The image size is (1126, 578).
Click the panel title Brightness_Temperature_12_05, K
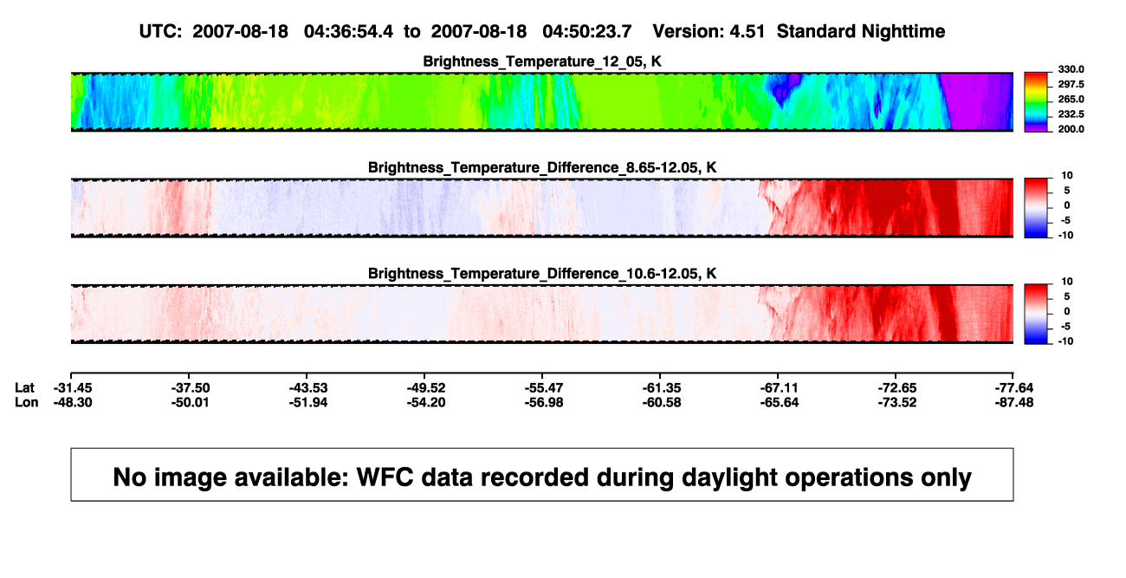pos(542,62)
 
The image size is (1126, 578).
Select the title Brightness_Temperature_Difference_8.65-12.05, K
pos(542,167)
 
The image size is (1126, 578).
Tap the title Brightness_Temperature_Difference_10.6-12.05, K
pos(542,274)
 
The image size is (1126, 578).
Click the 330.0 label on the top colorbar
pos(1071,69)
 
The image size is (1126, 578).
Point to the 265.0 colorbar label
pos(1071,99)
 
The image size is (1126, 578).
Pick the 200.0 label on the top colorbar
pos(1071,129)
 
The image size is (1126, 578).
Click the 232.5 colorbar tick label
pos(1071,114)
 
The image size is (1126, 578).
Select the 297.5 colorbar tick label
pos(1071,84)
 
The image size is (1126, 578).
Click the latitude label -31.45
pos(73,388)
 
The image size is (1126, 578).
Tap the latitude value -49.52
pos(426,388)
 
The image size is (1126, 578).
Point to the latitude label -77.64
pos(1014,388)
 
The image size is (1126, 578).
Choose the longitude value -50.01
pos(190,402)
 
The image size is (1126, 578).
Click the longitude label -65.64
pos(780,402)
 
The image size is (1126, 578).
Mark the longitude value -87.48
pos(1014,402)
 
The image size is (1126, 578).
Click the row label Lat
pos(24,388)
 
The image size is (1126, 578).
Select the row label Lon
pos(27,402)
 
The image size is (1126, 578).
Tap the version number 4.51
pos(747,32)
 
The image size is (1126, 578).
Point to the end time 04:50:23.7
pos(586,32)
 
